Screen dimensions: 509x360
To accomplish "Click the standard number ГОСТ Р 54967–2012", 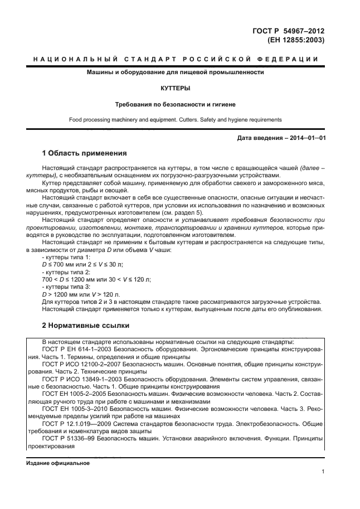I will tap(288, 31).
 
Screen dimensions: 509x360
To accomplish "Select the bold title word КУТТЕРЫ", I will tap(176, 89).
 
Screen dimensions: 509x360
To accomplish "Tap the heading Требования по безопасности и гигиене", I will tap(176, 104).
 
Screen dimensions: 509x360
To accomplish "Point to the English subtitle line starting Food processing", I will tap(176, 119).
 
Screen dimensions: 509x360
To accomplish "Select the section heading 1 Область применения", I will tap(85, 153).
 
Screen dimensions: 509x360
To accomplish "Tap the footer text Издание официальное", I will tap(57, 463).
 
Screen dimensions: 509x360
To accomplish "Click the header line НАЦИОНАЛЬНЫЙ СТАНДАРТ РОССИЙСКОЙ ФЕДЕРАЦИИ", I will tap(176, 59).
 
